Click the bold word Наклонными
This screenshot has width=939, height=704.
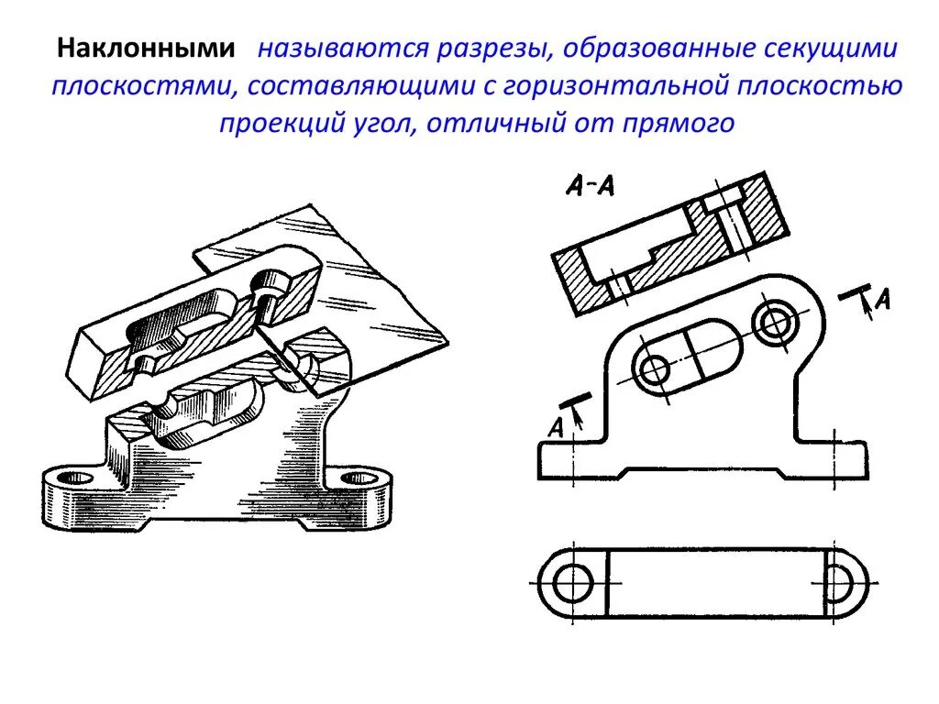[x=147, y=49]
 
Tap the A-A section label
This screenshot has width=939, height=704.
[x=590, y=186]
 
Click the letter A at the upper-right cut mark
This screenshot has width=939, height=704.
[x=882, y=298]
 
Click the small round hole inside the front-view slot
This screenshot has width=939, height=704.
[x=656, y=370]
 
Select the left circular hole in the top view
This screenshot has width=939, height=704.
[x=574, y=583]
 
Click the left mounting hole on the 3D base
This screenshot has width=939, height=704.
[x=75, y=478]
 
